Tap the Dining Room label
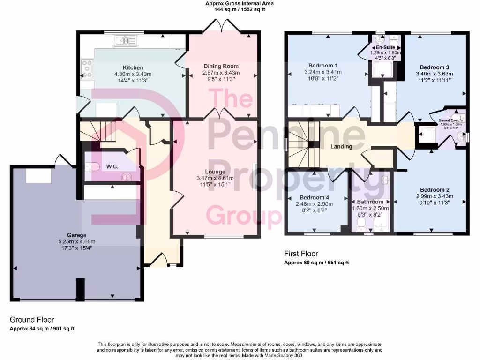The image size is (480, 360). click(x=221, y=66)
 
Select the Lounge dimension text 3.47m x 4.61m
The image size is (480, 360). click(x=215, y=178)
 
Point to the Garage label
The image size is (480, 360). click(x=76, y=235)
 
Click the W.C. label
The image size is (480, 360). click(x=112, y=166)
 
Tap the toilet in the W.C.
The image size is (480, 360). click(x=92, y=166)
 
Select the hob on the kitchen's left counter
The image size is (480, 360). click(x=87, y=67)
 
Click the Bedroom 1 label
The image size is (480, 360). click(x=323, y=65)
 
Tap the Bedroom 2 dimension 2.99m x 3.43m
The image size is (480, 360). click(x=430, y=196)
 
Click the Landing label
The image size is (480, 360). click(x=341, y=147)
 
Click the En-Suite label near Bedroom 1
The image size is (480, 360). click(x=386, y=47)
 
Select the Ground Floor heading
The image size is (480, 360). click(x=32, y=320)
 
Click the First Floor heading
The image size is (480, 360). click(x=301, y=254)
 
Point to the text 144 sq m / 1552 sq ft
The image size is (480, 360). click(x=240, y=9)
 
